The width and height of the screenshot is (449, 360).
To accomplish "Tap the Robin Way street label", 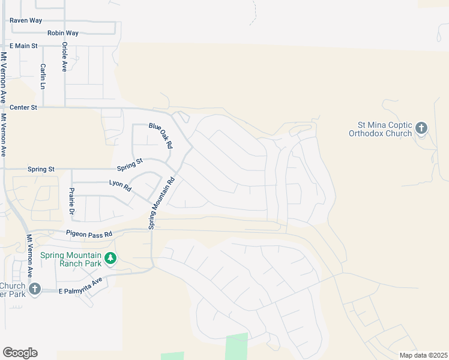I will pyautogui.click(x=63, y=33).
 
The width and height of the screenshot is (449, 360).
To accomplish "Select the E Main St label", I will pyautogui.click(x=23, y=46).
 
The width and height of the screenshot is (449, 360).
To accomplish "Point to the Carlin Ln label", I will pyautogui.click(x=43, y=76).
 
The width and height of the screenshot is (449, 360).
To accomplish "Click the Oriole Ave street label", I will pyautogui.click(x=64, y=57).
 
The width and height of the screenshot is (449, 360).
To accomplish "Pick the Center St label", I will pyautogui.click(x=23, y=107).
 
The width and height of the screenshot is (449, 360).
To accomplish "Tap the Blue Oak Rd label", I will pyautogui.click(x=161, y=136).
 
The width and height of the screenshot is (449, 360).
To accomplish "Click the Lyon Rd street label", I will pyautogui.click(x=120, y=185).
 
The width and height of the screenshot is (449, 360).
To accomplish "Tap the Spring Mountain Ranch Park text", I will pyautogui.click(x=70, y=259).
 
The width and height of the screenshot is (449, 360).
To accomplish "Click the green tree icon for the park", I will pyautogui.click(x=110, y=259).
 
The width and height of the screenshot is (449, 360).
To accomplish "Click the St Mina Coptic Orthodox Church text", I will pyautogui.click(x=381, y=129).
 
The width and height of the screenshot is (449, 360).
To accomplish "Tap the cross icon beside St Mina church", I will pyautogui.click(x=421, y=128).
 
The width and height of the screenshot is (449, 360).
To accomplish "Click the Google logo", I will pyautogui.click(x=20, y=353).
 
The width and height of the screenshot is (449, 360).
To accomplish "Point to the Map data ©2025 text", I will pyautogui.click(x=423, y=355).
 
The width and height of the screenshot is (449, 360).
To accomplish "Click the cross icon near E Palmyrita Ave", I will pyautogui.click(x=35, y=289).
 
